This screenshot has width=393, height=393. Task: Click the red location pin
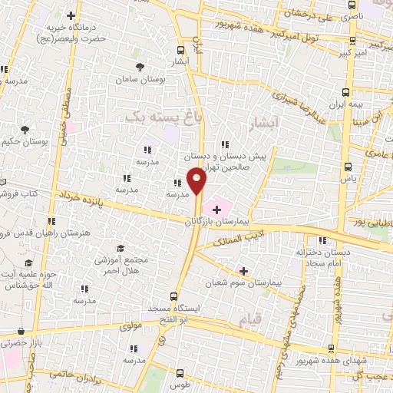197,181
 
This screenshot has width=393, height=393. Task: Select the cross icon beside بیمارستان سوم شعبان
243,270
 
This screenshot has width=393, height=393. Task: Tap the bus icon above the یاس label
348,165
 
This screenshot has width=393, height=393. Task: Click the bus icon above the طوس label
180,371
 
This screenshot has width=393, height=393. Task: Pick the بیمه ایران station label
345,103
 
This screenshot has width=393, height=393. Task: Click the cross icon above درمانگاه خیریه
71,15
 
